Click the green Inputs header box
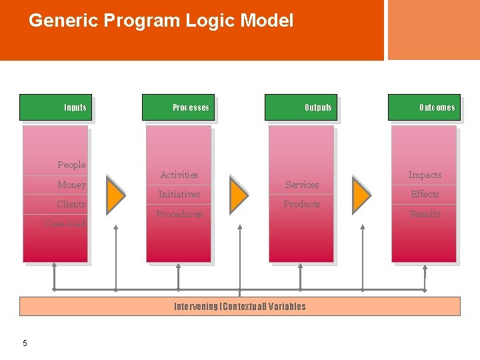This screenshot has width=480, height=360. click(x=55, y=107)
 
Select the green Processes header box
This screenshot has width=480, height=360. click(x=178, y=107)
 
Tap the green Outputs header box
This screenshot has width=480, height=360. click(x=301, y=107)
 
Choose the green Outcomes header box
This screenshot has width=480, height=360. click(x=424, y=107)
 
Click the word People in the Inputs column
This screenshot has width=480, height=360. click(x=71, y=165)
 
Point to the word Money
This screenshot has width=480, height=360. click(x=71, y=185)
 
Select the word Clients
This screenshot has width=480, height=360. click(x=71, y=204)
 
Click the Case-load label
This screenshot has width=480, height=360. click(x=65, y=223)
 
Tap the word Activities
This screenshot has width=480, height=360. click(x=179, y=175)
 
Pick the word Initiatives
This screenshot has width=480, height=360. click(x=179, y=194)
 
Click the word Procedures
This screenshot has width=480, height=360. click(x=179, y=214)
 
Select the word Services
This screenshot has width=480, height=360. click(x=302, y=185)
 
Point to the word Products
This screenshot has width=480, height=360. click(x=302, y=204)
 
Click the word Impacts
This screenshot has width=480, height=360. click(x=425, y=175)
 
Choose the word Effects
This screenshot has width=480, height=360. click(x=425, y=194)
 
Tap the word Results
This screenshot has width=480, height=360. click(x=425, y=214)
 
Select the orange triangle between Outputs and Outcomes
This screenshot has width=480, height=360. click(x=360, y=194)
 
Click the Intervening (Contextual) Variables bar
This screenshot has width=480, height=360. click(x=240, y=306)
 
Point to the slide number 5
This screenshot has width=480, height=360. click(x=25, y=343)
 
